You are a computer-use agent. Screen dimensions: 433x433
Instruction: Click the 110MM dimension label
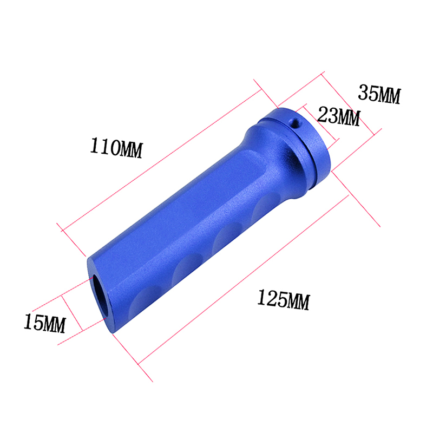(116, 148)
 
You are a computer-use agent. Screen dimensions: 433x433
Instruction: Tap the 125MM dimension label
(284, 300)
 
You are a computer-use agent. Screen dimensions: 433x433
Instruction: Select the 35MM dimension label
(379, 94)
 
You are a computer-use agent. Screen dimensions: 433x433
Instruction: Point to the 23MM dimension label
(339, 116)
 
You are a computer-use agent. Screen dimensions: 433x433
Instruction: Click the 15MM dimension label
(45, 323)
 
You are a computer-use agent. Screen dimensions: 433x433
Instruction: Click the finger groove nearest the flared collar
(267, 205)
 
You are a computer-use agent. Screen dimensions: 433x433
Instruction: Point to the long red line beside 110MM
(161, 160)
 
